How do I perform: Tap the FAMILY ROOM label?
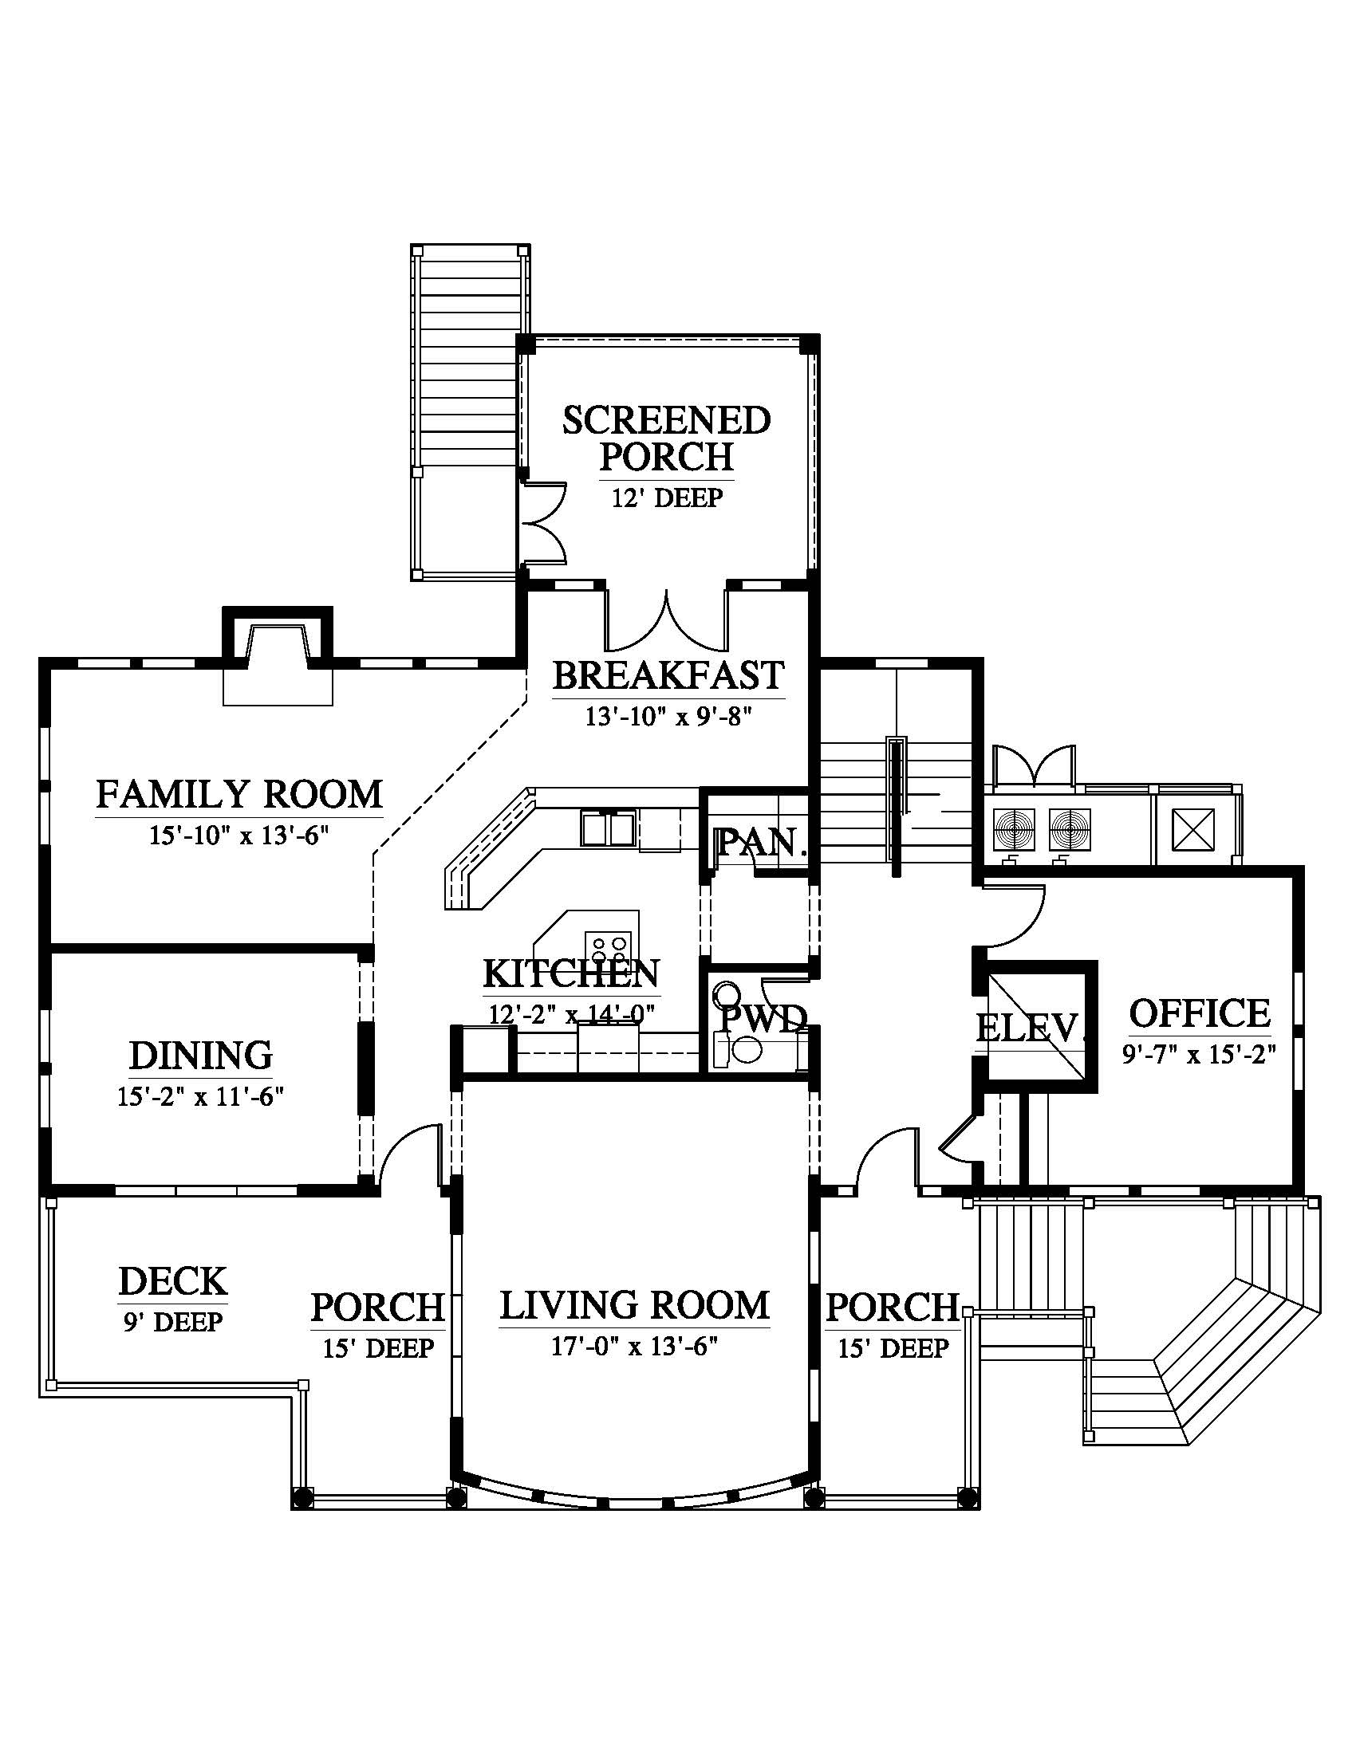(x=239, y=794)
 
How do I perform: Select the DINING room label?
(x=201, y=1056)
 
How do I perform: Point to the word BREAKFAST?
(x=668, y=675)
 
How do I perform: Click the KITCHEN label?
(x=571, y=973)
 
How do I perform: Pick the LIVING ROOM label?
(x=635, y=1305)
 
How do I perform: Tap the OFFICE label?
(x=1200, y=1013)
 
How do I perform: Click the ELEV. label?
(x=1030, y=1028)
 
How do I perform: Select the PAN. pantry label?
(x=760, y=843)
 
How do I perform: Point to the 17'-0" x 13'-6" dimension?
(x=634, y=1346)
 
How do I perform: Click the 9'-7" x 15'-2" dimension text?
(x=1200, y=1053)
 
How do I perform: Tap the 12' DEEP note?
(x=667, y=498)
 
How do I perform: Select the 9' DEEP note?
(x=173, y=1321)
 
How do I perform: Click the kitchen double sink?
(x=607, y=829)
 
